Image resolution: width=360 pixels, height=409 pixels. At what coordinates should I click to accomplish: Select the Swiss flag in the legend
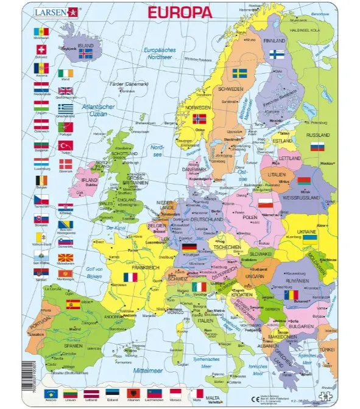[x=41, y=50]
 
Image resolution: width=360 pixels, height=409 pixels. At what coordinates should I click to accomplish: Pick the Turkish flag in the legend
[x=65, y=146]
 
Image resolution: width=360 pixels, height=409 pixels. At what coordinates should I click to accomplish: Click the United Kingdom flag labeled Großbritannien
[x=65, y=91]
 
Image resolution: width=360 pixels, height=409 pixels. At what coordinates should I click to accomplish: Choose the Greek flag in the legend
[x=65, y=109]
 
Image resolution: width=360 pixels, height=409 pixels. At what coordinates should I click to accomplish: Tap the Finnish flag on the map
[x=277, y=54]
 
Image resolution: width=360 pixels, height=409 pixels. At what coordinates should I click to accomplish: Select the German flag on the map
[x=189, y=248]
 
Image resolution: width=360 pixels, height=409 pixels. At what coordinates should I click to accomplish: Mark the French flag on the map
[x=129, y=278]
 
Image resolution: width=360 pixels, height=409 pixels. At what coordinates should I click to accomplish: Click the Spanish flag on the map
[x=72, y=303]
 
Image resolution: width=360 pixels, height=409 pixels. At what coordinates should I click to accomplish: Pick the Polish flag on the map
[x=265, y=203]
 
